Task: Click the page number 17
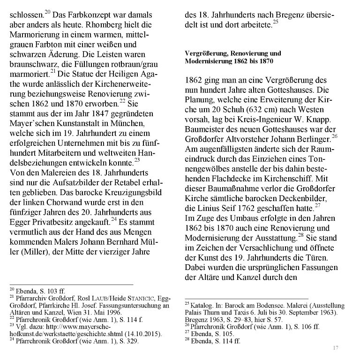335,347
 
